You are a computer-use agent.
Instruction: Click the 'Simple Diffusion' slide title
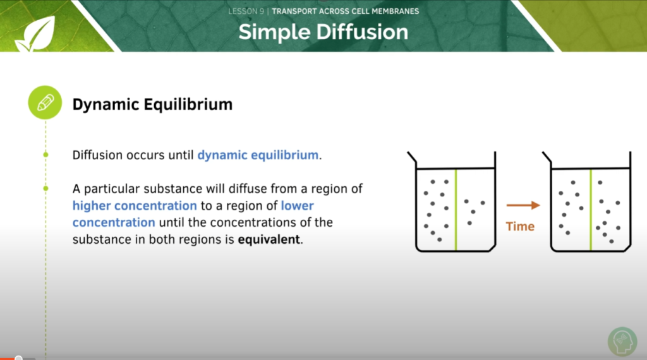click(323, 32)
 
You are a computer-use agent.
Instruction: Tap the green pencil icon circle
click(45, 103)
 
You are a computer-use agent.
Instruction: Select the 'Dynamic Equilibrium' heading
click(152, 104)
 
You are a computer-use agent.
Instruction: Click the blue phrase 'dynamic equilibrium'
click(258, 155)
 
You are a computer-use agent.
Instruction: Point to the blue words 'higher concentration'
click(135, 205)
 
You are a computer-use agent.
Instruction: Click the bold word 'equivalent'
click(270, 239)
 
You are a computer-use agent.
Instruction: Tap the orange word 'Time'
click(520, 226)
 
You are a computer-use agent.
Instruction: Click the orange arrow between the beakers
click(523, 205)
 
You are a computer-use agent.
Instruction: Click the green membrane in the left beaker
click(455, 208)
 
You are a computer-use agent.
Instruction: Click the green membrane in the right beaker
click(591, 208)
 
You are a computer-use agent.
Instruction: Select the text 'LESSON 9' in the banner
click(246, 11)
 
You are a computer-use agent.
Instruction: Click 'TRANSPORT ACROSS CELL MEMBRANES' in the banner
click(345, 11)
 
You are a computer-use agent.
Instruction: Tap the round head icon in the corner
click(622, 341)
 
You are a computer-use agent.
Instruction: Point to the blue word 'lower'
click(297, 205)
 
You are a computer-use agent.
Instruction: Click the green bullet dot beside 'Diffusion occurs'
click(45, 155)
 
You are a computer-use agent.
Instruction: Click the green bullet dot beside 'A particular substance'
click(45, 188)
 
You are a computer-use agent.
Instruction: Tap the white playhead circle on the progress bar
click(19, 358)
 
